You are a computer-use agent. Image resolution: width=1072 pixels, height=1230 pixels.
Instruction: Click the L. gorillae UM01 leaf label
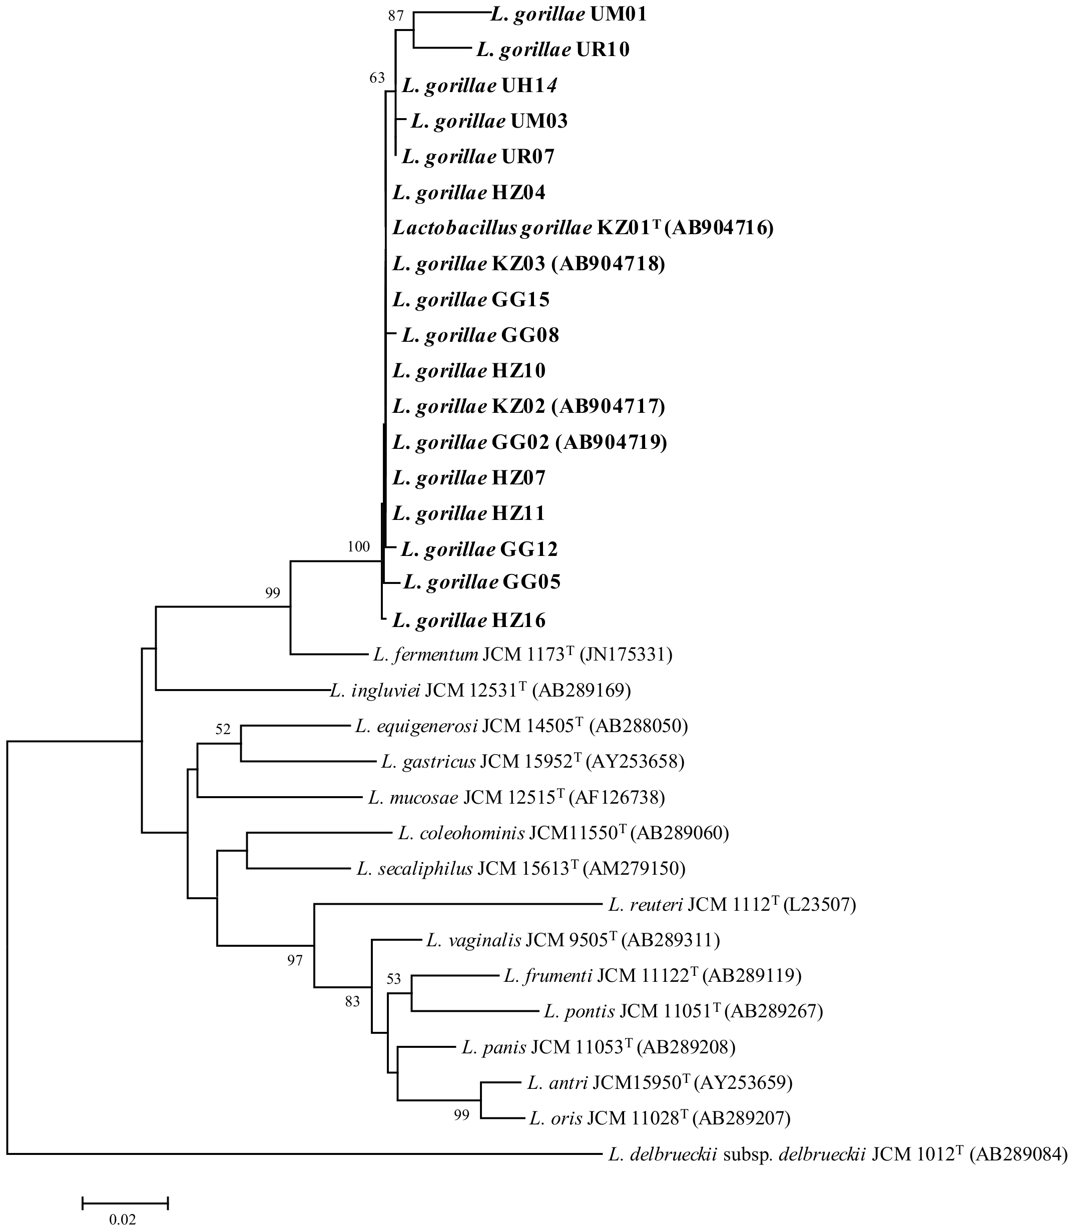[x=569, y=15]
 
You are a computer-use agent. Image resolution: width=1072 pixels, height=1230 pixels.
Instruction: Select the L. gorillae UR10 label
[x=553, y=50]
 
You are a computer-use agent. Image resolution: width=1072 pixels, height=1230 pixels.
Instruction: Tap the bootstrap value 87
[x=396, y=16]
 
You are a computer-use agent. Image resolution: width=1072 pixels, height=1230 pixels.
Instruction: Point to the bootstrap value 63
[x=377, y=78]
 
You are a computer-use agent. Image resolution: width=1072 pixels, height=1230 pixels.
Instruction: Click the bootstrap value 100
[x=358, y=546]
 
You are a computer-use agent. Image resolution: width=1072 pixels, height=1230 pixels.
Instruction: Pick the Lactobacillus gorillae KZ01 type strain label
[x=583, y=228]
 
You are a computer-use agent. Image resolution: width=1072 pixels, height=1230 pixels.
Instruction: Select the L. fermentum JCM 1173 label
[x=523, y=655]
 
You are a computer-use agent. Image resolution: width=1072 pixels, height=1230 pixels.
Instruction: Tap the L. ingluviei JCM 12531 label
[x=480, y=691]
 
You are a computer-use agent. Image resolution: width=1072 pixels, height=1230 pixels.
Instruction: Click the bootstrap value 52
[x=223, y=729]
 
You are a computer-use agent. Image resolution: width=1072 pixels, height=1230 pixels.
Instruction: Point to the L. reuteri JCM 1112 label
[x=732, y=905]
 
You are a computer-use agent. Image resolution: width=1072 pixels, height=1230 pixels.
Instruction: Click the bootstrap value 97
[x=295, y=961]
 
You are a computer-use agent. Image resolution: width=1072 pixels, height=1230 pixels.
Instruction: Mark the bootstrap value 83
[x=352, y=1001]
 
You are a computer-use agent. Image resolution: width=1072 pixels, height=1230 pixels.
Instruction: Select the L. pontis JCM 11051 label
[x=683, y=1012]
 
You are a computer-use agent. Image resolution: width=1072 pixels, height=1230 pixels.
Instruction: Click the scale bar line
[x=125, y=1202]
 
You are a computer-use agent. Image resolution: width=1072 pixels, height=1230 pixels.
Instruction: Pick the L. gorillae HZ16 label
[x=469, y=621]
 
